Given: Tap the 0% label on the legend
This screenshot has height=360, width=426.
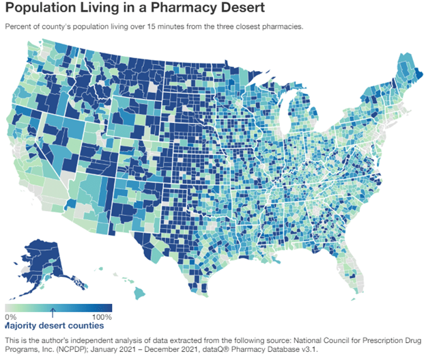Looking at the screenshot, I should pyautogui.click(x=10, y=318).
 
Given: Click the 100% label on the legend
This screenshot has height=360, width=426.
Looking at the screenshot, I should pyautogui.click(x=101, y=318).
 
